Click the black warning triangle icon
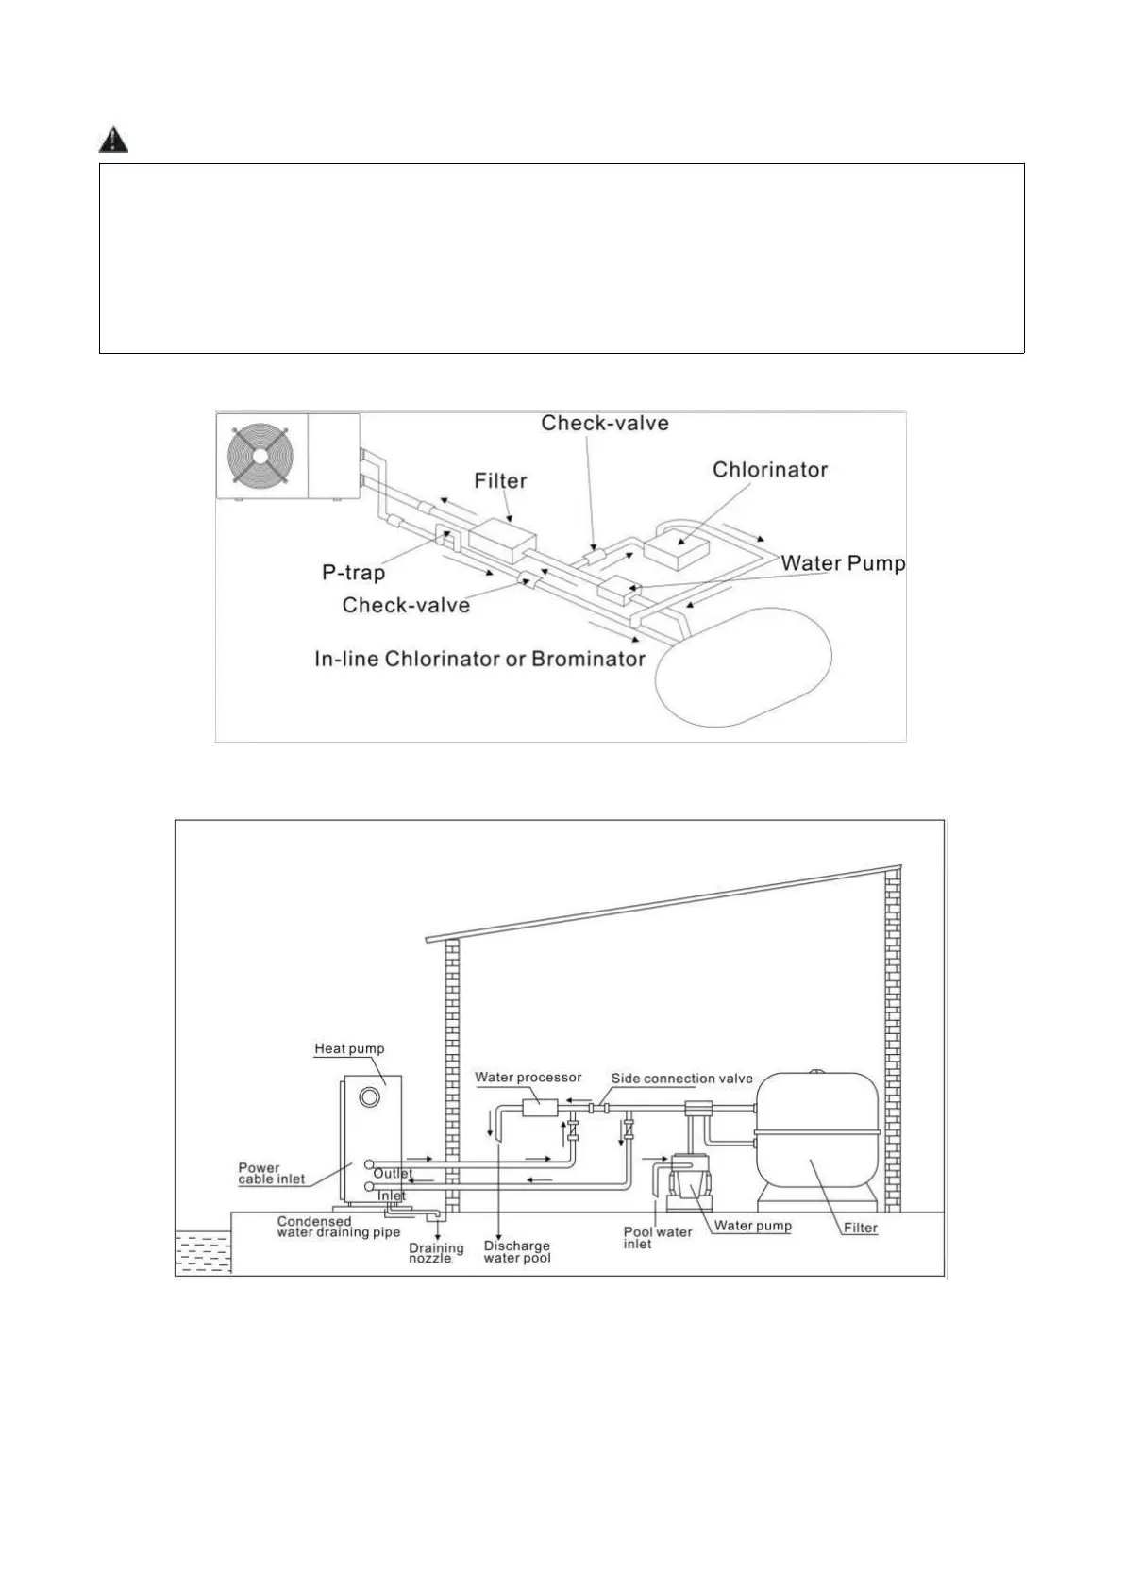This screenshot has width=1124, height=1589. click(x=113, y=141)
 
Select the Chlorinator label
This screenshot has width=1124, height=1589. click(x=769, y=470)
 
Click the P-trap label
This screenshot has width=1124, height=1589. click(x=353, y=573)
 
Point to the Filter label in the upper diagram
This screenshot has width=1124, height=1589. click(x=500, y=481)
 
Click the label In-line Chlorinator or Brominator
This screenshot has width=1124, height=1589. click(x=479, y=659)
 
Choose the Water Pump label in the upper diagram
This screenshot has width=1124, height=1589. click(x=843, y=563)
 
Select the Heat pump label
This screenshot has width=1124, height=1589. click(x=349, y=1048)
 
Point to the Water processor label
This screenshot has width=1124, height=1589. click(x=528, y=1077)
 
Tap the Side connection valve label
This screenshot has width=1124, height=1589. click(x=681, y=1079)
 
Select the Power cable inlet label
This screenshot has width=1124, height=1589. click(x=272, y=1173)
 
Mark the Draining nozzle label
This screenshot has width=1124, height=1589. click(x=436, y=1253)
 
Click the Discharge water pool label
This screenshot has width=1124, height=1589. click(x=516, y=1251)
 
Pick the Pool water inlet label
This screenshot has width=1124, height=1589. click(x=658, y=1237)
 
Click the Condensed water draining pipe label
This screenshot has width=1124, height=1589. click(x=338, y=1227)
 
